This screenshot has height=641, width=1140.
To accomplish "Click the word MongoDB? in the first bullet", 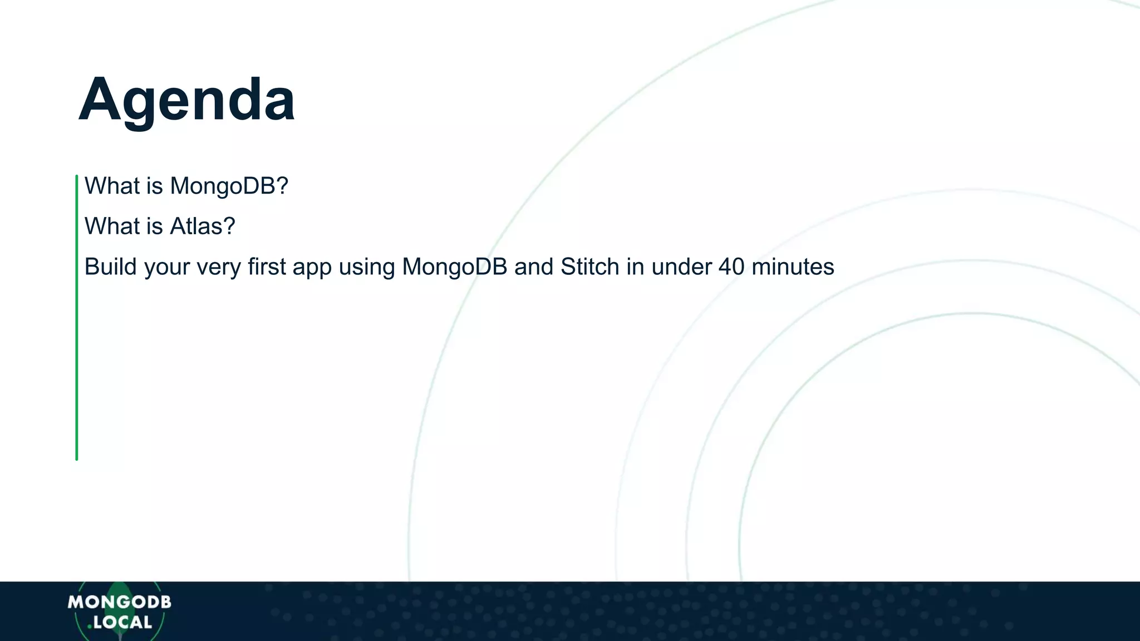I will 229,186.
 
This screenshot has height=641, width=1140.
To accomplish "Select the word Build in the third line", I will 110,267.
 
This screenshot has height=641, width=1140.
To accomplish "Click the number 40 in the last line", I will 731,267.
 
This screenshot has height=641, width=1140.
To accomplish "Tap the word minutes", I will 793,267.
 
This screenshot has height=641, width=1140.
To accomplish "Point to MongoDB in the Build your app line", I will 454,267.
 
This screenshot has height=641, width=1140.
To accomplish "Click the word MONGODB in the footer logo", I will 119,602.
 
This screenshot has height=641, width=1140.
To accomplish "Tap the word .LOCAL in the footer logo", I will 120,623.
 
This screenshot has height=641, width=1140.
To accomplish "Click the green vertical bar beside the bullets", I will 77,317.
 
